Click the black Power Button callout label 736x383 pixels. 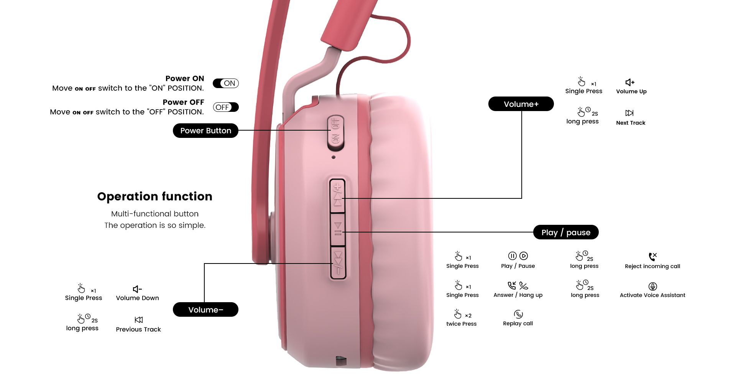205,131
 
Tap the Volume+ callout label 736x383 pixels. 521,104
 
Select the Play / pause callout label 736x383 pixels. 566,232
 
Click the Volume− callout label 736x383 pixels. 205,309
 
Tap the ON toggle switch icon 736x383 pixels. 226,83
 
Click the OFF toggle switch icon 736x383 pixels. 226,107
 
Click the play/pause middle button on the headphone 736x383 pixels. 338,229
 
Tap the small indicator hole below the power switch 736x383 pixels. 333,157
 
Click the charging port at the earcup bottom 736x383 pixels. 341,360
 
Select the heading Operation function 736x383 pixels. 154,196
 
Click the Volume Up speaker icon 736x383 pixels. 630,82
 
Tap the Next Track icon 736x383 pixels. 629,113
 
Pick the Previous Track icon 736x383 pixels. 139,320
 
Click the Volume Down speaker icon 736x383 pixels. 137,289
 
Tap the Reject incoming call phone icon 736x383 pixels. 652,256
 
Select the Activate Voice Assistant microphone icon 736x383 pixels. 653,286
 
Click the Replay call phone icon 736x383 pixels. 518,314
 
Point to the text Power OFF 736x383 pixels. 183,102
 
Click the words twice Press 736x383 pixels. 462,324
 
